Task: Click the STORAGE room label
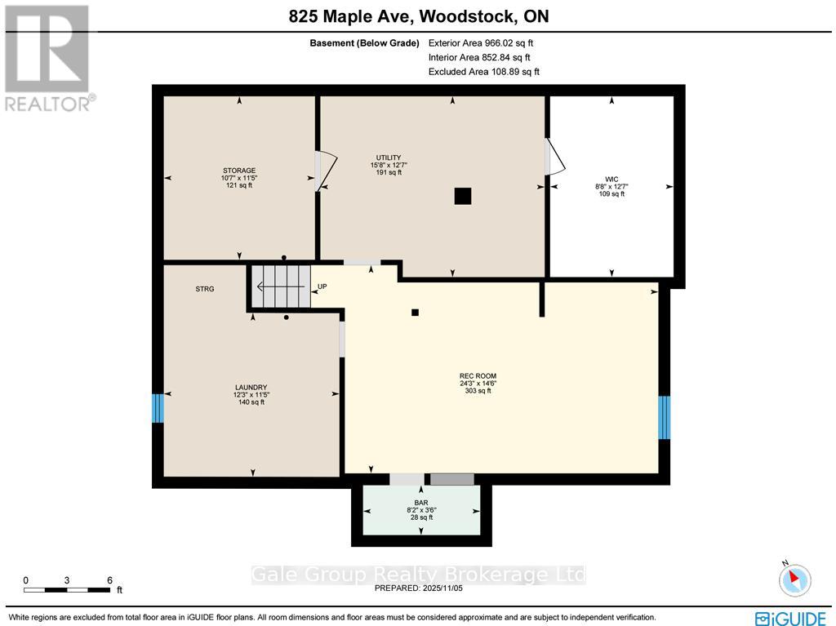click(238, 171)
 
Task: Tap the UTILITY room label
click(388, 158)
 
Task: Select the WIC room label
click(611, 179)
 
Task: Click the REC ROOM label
click(478, 376)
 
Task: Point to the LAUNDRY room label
click(251, 388)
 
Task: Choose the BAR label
click(421, 504)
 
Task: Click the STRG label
click(204, 289)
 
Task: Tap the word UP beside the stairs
click(322, 286)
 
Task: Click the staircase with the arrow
click(280, 286)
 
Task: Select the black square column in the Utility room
click(463, 196)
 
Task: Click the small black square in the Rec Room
click(415, 312)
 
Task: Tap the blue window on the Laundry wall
click(158, 408)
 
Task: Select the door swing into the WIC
click(554, 156)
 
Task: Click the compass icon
click(794, 579)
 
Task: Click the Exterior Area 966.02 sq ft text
click(481, 43)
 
